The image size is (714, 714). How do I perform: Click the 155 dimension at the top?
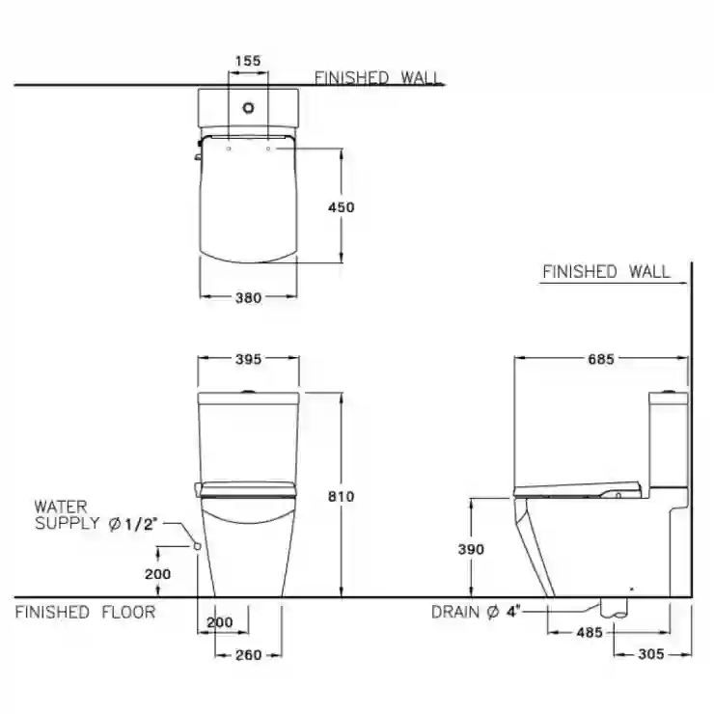(248, 61)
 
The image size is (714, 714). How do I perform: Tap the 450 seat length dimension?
(341, 207)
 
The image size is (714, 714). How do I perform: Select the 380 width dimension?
(248, 298)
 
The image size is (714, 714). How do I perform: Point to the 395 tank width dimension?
(248, 359)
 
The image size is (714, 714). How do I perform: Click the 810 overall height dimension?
(341, 496)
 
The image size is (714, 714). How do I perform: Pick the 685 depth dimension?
(601, 359)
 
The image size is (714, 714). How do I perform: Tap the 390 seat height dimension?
(471, 549)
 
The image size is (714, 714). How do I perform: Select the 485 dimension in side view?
(590, 632)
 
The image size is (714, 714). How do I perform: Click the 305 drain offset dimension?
(651, 654)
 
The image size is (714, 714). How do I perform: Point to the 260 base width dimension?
(249, 655)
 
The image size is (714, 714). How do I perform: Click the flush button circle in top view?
(248, 108)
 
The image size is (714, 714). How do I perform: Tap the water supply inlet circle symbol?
(198, 545)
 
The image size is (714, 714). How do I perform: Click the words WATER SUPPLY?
(67, 515)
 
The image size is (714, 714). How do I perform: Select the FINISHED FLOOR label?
(85, 612)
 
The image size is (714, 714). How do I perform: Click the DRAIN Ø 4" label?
(476, 612)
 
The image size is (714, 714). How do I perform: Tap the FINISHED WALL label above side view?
(606, 272)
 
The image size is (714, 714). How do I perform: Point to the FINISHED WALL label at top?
(378, 78)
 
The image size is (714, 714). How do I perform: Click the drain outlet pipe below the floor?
(614, 608)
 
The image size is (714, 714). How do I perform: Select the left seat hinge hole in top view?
(229, 149)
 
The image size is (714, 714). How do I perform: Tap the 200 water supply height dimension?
(158, 574)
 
